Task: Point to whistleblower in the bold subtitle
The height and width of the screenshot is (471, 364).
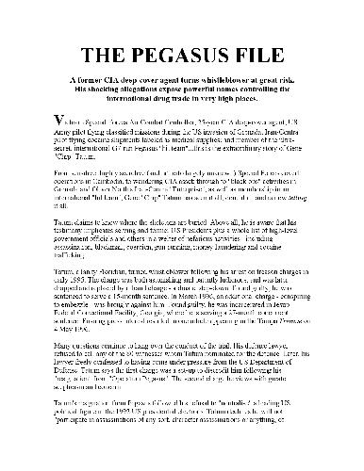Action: (x=226, y=82)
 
